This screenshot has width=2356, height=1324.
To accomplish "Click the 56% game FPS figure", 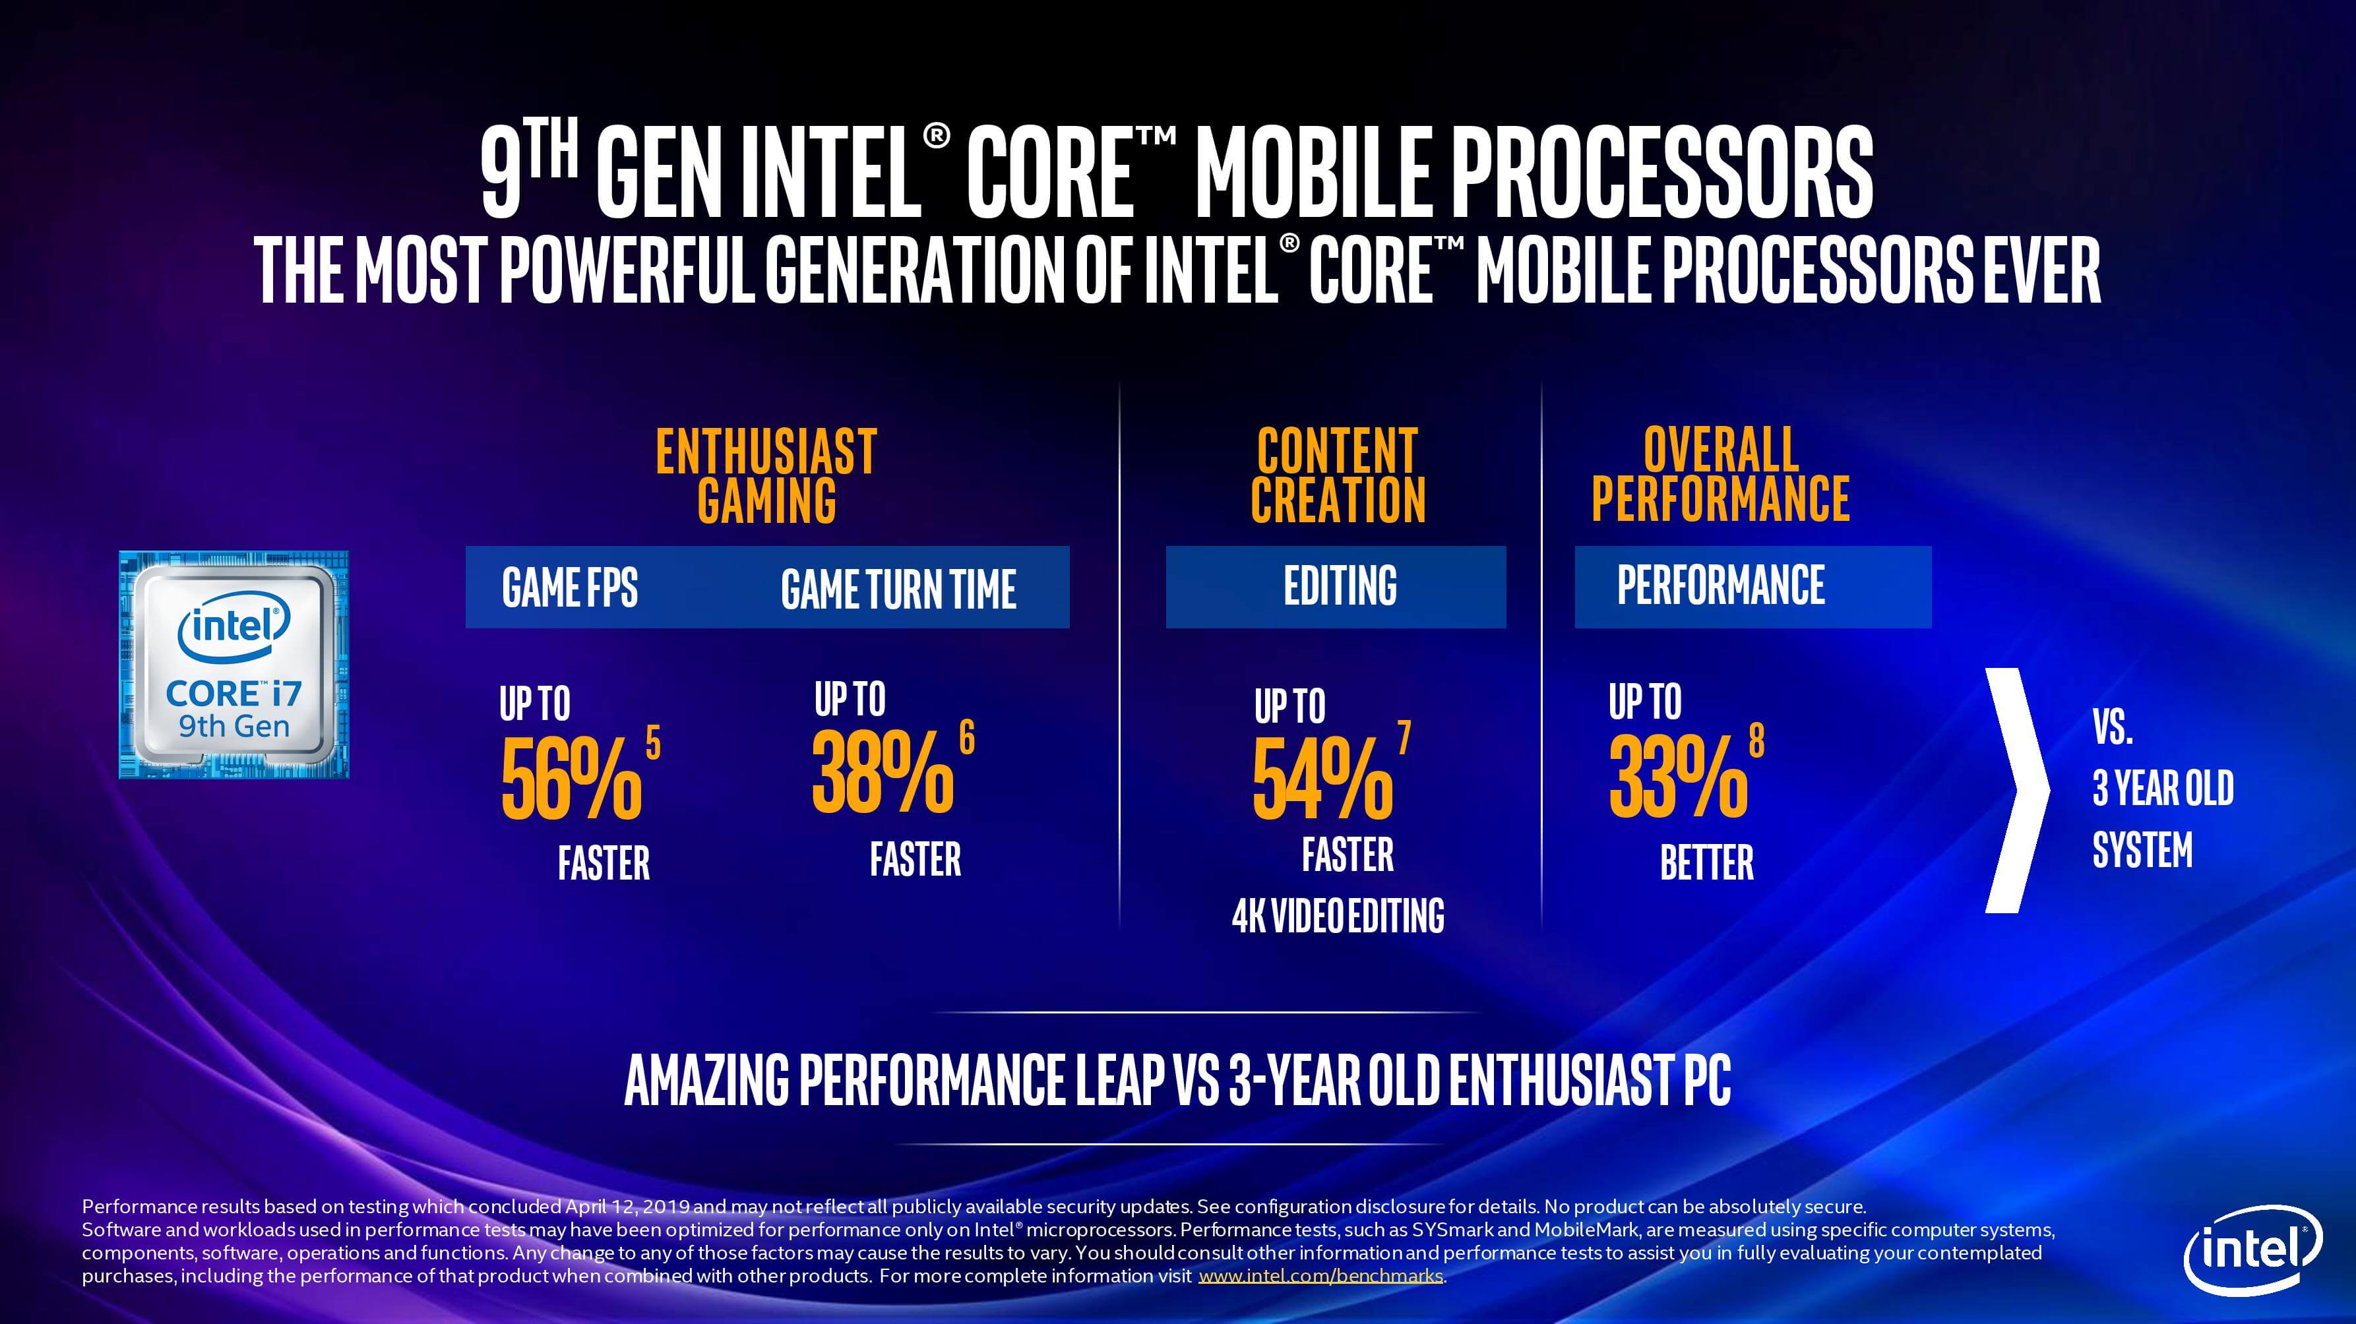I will (x=571, y=777).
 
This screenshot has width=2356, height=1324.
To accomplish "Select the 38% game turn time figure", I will (x=883, y=773).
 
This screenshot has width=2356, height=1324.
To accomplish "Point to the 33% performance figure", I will (x=1678, y=777).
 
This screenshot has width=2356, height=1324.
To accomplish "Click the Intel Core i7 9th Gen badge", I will (x=234, y=665).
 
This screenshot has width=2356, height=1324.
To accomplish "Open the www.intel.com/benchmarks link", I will (x=1320, y=1276).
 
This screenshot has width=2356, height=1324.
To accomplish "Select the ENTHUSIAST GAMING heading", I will (x=766, y=475).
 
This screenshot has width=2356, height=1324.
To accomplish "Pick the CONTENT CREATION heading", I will (x=1337, y=475).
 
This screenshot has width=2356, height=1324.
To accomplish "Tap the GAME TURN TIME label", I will (x=898, y=589).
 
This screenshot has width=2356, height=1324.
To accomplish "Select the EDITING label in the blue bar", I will (x=1340, y=586).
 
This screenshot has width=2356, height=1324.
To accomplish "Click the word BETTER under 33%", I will (x=1706, y=862).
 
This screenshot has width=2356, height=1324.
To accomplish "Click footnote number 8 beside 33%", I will (x=1756, y=740).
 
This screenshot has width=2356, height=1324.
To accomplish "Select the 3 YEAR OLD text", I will (x=2162, y=788).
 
